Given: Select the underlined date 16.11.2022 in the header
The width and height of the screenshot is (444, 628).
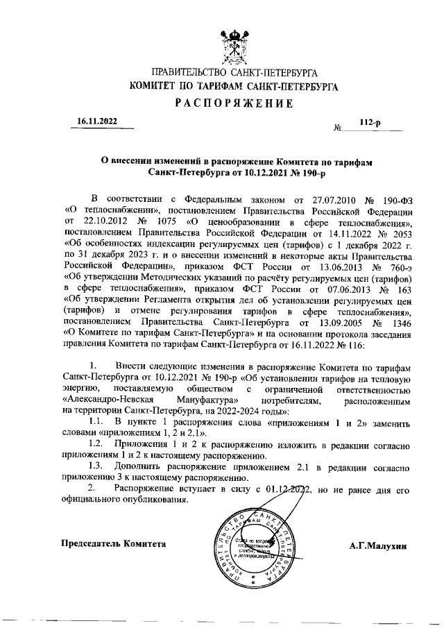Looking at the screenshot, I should [x=98, y=121].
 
